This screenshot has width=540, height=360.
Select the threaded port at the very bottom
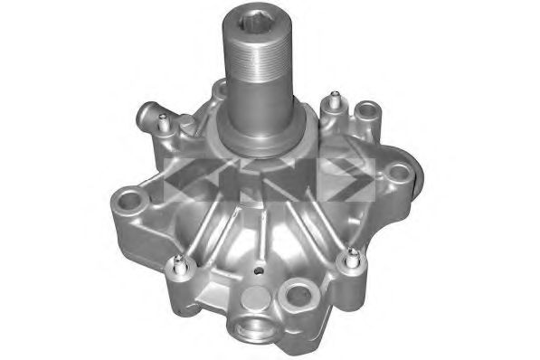pyautogui.click(x=252, y=327)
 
